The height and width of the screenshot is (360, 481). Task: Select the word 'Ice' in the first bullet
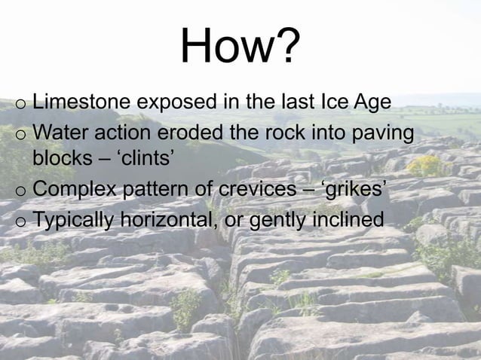click(332, 102)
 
